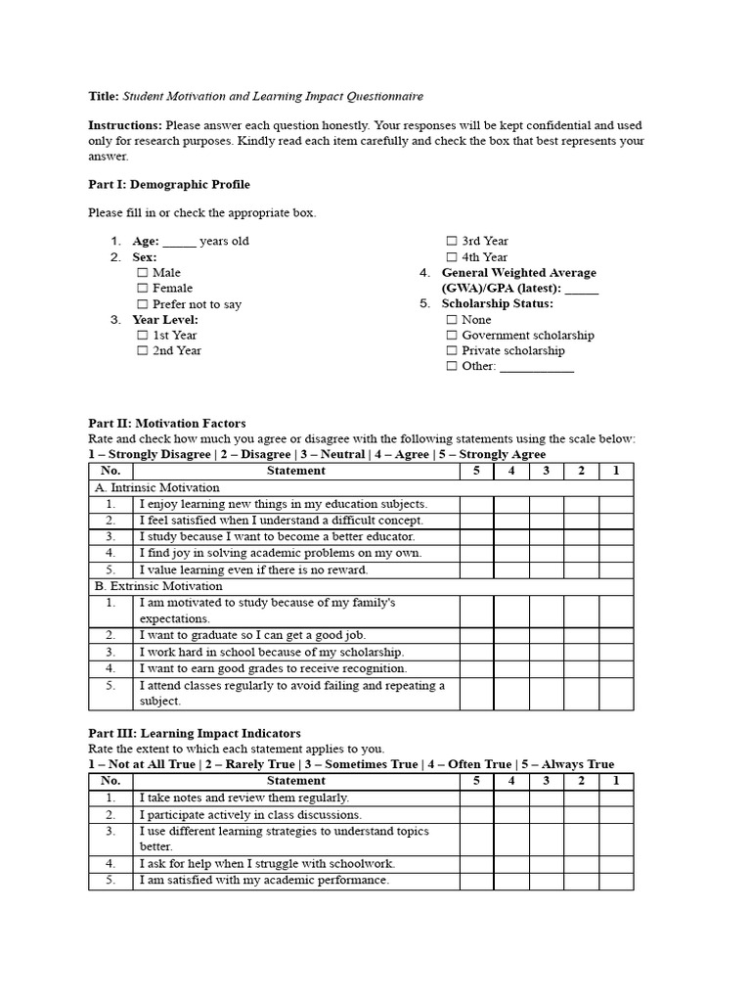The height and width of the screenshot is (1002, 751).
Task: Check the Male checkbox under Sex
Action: [x=143, y=273]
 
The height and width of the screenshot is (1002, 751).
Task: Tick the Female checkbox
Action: [x=143, y=289]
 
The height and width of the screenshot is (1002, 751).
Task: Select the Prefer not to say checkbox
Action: [x=143, y=304]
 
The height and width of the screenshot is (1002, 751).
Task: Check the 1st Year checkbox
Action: [x=143, y=336]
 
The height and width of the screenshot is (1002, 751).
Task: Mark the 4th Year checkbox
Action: [x=452, y=257]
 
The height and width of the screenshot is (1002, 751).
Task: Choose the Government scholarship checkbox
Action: [x=452, y=336]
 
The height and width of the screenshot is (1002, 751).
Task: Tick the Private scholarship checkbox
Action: [x=452, y=351]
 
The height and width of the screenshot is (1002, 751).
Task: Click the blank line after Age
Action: [x=180, y=243]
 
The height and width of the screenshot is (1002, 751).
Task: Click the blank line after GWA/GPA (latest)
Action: [x=582, y=290]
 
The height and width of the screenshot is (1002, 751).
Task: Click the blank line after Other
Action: [x=537, y=368]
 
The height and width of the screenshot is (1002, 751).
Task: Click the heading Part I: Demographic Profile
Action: [x=168, y=184]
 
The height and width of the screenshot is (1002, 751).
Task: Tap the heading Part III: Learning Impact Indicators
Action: [x=195, y=733]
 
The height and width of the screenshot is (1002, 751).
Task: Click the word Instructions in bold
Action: [x=125, y=125]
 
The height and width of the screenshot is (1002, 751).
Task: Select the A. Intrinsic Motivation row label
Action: [x=156, y=487]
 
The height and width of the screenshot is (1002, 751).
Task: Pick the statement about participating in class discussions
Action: [x=250, y=814]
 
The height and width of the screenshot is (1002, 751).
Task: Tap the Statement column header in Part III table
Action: [x=295, y=781]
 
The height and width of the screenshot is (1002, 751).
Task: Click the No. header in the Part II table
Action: [x=110, y=471]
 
